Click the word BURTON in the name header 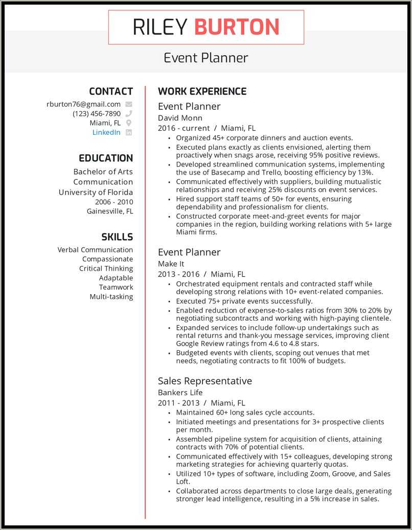point(237,27)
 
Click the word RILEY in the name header point(160,27)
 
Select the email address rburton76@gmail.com point(83,104)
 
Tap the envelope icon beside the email point(129,104)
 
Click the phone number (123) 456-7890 point(97,113)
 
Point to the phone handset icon point(129,113)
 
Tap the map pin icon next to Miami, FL point(129,123)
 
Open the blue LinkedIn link point(106,132)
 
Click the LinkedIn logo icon point(129,132)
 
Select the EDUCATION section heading point(106,158)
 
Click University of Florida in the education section point(96,192)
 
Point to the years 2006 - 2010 point(110,202)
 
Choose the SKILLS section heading point(117,237)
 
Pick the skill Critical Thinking point(106,269)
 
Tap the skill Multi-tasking point(111,297)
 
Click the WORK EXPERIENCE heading point(202,91)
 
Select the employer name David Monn point(180,118)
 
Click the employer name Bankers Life point(180,393)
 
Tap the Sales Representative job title point(204,381)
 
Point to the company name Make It point(171,263)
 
